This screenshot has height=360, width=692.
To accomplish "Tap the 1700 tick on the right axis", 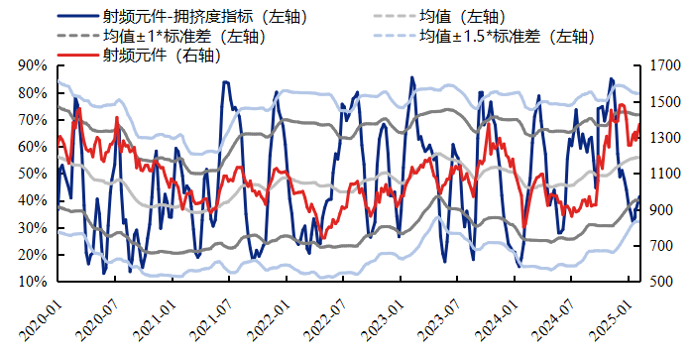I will coord(664,65).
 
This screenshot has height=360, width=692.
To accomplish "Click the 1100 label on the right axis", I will coord(664,174).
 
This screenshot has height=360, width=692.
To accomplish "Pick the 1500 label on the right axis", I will coord(664,101).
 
